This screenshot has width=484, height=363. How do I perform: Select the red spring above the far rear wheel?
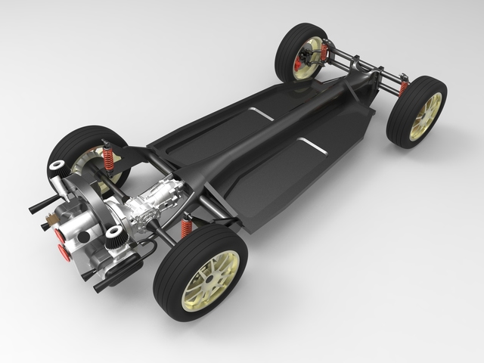click(x=108, y=158)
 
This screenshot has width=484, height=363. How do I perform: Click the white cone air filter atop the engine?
click(x=57, y=166)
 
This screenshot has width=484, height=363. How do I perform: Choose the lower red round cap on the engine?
click(x=65, y=253)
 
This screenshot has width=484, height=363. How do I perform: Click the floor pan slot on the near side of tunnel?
click(x=312, y=145)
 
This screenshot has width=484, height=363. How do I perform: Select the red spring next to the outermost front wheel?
click(x=403, y=88)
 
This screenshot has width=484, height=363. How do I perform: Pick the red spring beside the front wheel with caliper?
click(x=324, y=52)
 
